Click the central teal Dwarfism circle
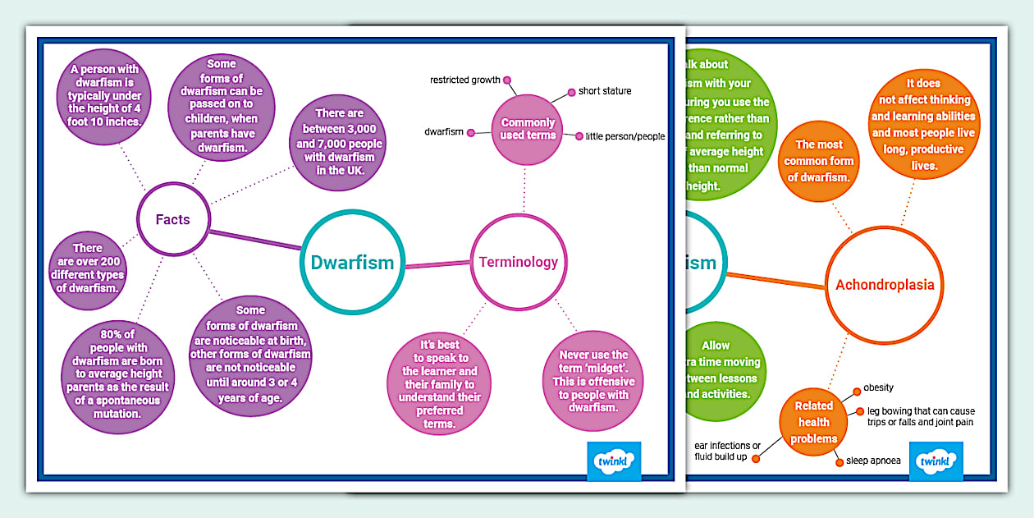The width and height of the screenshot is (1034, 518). point(353,263)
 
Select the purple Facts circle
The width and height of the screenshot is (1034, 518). point(173,219)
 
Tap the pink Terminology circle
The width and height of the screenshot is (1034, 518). point(519,263)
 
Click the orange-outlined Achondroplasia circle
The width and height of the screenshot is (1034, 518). point(878,286)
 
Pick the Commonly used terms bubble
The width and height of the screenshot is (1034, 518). point(528,129)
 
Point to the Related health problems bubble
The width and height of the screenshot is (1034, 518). point(814,422)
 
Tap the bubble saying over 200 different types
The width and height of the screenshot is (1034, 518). point(87,268)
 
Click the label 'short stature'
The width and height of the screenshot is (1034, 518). point(605,91)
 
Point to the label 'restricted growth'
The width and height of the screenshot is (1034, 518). point(465,80)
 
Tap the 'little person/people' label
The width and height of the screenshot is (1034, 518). point(625,136)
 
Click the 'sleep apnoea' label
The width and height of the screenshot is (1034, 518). point(873,461)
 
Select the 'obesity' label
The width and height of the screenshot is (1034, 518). point(878,387)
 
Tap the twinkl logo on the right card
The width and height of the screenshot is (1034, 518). point(936,462)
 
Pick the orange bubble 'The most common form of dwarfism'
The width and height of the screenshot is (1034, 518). point(820,161)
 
